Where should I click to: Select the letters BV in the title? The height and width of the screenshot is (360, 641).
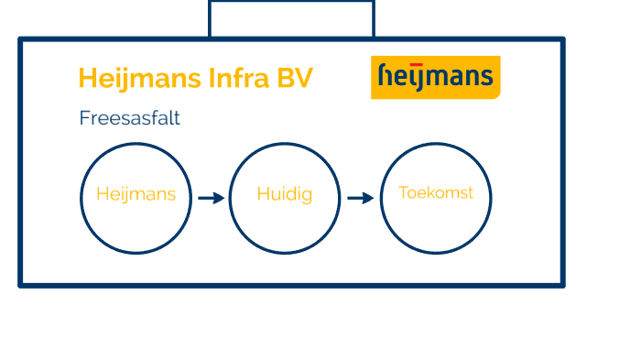point(295,79)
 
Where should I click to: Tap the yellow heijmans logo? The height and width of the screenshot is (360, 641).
point(435,77)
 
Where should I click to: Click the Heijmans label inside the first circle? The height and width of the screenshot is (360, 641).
point(136,195)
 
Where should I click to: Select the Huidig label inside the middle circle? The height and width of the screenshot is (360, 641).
point(284,195)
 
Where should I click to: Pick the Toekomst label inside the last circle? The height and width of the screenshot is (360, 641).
point(436,193)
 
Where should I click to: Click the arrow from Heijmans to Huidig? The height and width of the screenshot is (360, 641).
point(211,198)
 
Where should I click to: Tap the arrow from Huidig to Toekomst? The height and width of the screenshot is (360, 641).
point(361,198)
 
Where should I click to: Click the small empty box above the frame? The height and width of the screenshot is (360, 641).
point(291,18)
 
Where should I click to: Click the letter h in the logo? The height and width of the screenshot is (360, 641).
point(386,77)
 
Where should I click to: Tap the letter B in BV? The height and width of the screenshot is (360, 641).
point(285,79)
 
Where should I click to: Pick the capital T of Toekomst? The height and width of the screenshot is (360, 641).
point(404,193)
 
